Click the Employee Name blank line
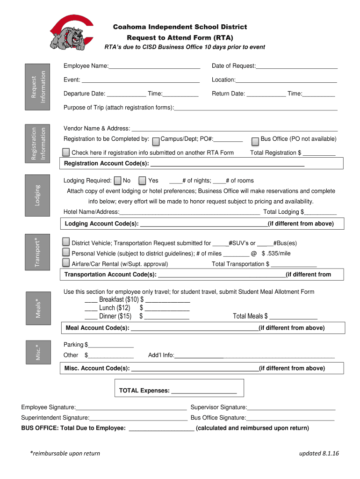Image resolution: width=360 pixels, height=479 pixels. (x=154, y=66)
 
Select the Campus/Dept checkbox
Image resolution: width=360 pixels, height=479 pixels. (x=156, y=140)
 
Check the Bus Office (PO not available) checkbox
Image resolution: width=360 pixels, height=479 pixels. (x=255, y=140)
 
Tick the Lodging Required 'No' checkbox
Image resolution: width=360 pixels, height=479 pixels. (x=118, y=181)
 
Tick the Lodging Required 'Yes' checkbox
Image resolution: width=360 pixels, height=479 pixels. (x=143, y=181)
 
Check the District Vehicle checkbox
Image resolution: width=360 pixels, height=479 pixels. (x=66, y=242)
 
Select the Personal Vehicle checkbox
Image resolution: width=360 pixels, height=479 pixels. (x=66, y=253)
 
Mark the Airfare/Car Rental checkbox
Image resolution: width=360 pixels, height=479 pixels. (x=66, y=263)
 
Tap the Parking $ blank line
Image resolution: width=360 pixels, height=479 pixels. (x=111, y=345)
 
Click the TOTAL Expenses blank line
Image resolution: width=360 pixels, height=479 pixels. (x=204, y=391)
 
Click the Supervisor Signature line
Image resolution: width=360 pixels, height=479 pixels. (x=291, y=408)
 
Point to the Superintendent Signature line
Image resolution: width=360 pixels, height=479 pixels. (x=138, y=418)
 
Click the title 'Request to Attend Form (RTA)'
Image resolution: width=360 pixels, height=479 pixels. (x=180, y=37)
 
